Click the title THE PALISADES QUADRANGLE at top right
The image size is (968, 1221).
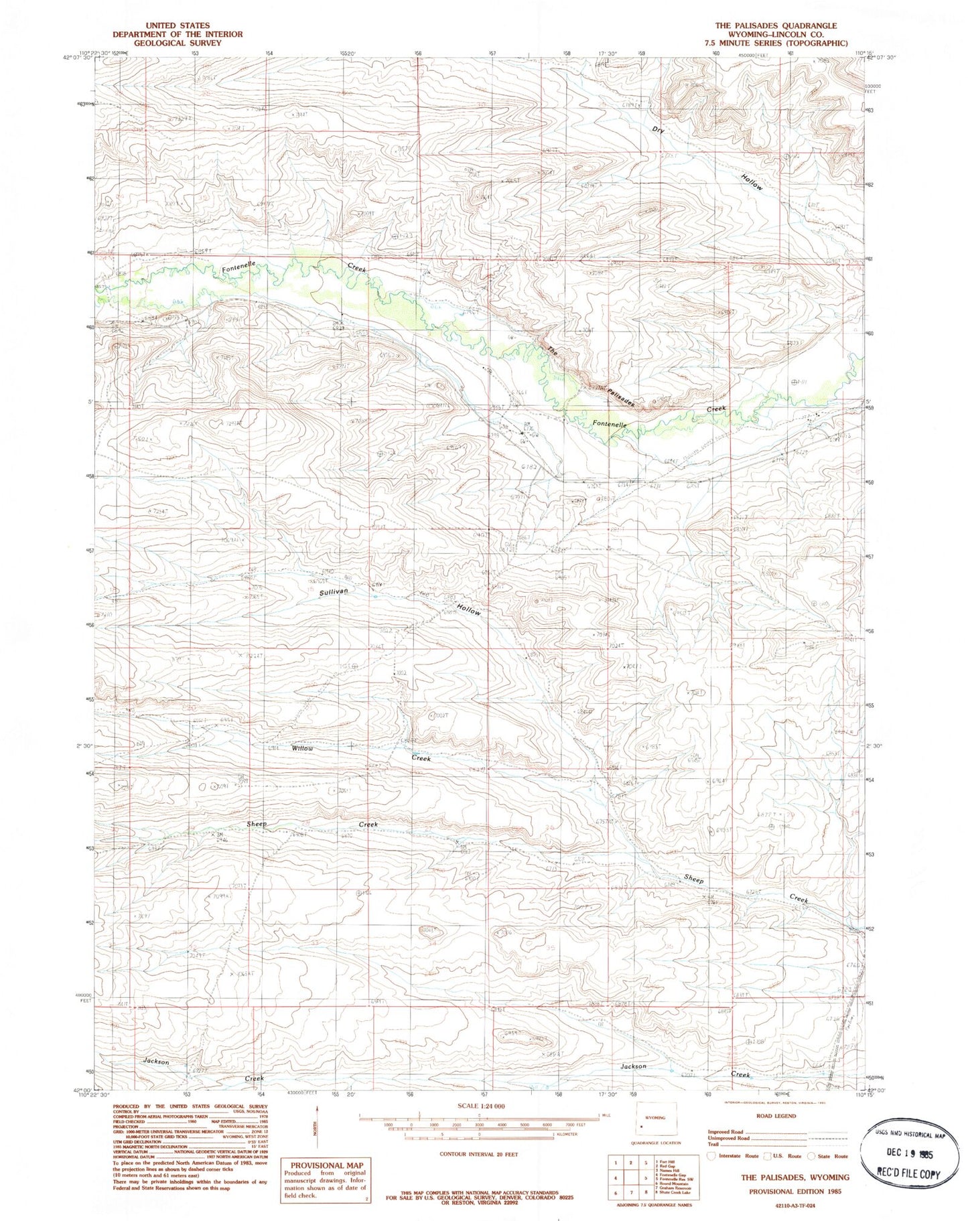(775, 25)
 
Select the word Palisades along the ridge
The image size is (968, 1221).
(620, 399)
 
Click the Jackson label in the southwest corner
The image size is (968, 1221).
(155, 1062)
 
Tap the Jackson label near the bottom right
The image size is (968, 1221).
(633, 1066)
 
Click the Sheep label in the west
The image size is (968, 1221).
(256, 824)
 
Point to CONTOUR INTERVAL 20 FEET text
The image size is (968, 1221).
(478, 1154)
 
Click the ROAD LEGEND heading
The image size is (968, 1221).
(775, 1116)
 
